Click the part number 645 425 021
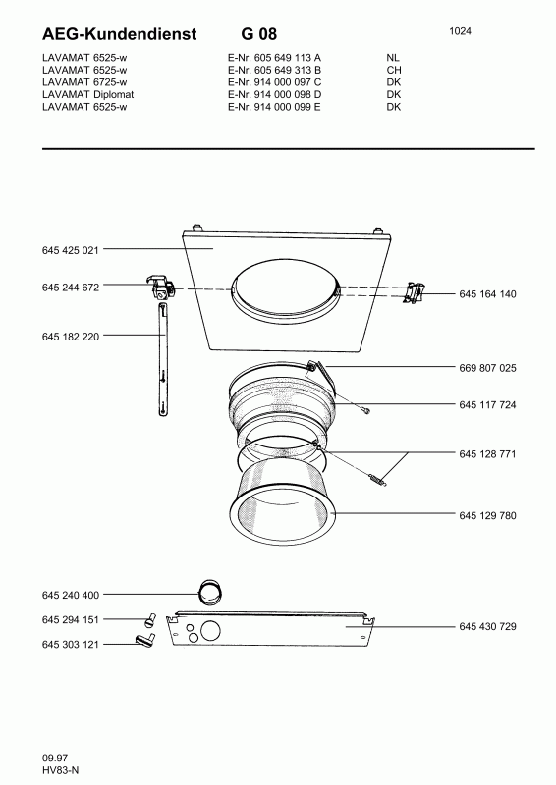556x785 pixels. [72, 251]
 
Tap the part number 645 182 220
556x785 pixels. [72, 337]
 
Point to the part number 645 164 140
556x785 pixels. [487, 294]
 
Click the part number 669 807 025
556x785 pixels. [487, 368]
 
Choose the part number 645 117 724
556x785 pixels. [487, 405]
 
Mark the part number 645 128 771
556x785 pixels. [487, 454]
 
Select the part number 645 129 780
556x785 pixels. [487, 515]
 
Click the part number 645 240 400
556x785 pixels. [72, 596]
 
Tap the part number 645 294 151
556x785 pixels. [72, 620]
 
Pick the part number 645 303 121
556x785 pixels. [72, 644]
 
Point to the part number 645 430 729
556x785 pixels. [487, 626]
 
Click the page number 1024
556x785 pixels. [460, 31]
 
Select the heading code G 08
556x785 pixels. [258, 35]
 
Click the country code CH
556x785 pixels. [393, 71]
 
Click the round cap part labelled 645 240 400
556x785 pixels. [210, 593]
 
